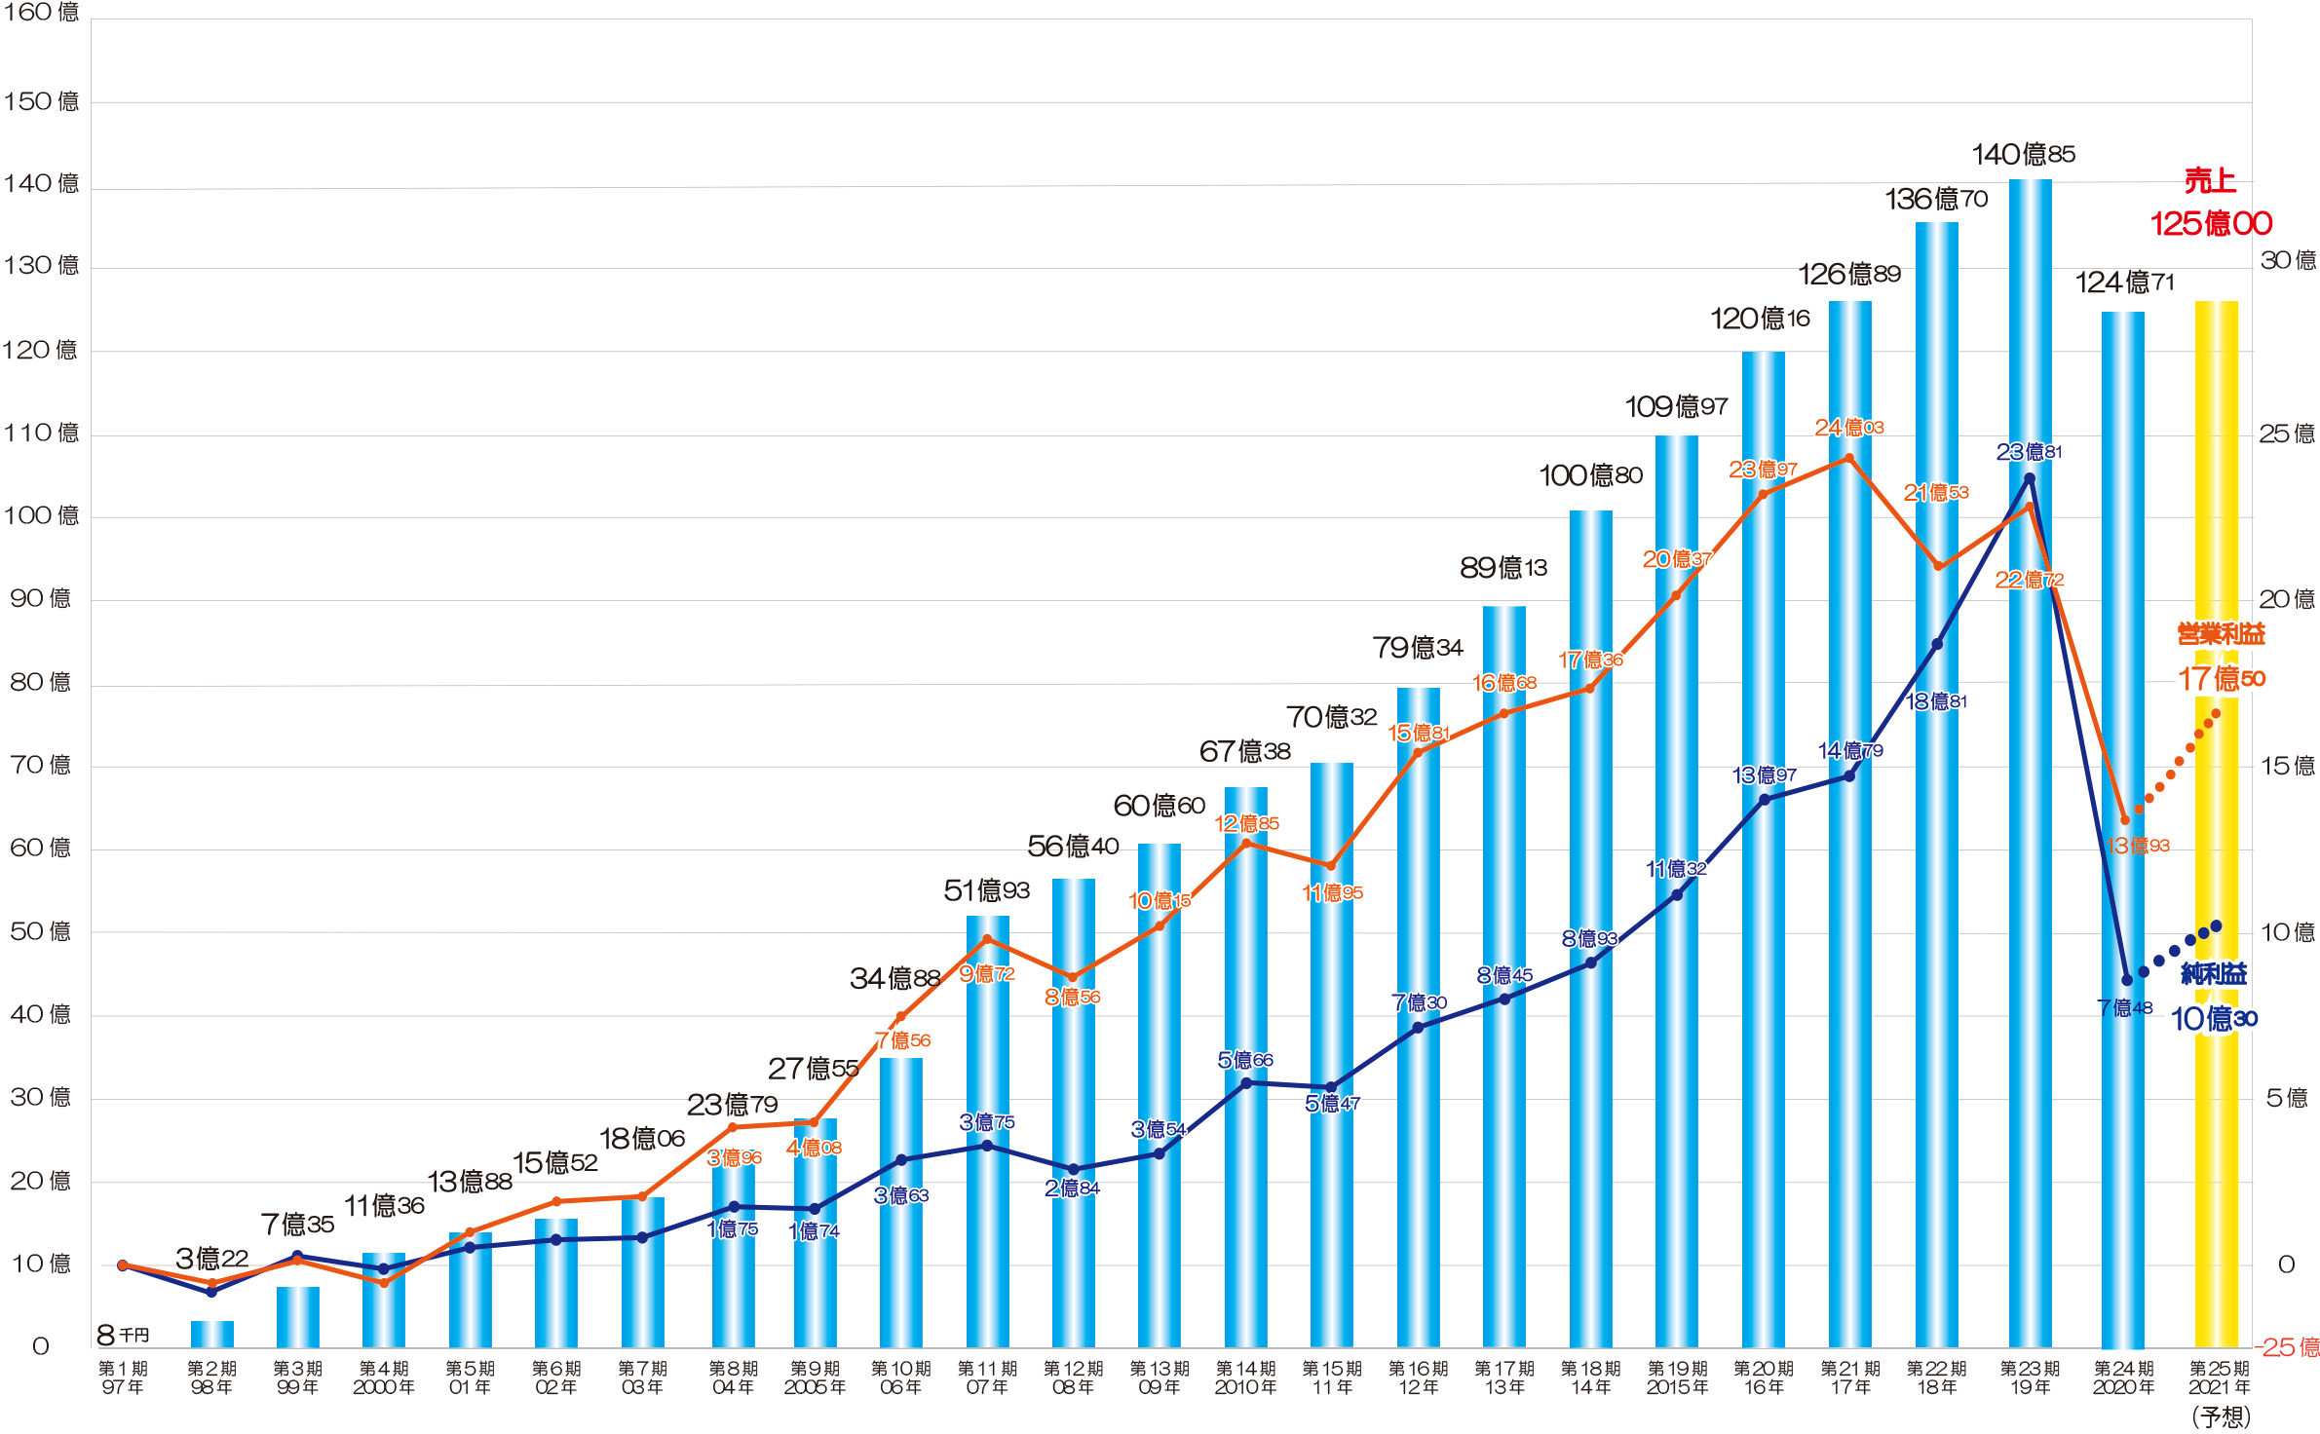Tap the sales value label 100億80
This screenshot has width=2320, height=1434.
click(x=1590, y=475)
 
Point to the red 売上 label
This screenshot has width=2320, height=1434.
click(x=2209, y=181)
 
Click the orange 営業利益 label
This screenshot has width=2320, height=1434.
click(x=2221, y=634)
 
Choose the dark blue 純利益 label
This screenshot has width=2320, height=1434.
click(x=2214, y=973)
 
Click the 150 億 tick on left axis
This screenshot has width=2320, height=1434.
click(x=41, y=101)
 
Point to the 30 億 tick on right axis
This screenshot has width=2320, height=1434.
click(x=2287, y=260)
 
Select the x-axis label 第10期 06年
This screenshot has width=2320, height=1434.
click(x=900, y=1377)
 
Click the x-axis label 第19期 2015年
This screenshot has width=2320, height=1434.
click(x=1676, y=1377)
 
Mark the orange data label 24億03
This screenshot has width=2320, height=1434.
click(x=1848, y=428)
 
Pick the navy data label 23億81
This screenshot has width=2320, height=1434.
click(x=2029, y=452)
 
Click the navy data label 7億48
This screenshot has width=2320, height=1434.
click(x=2124, y=1007)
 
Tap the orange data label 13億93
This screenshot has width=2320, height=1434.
click(x=2138, y=846)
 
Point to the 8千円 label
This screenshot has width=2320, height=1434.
click(x=123, y=1335)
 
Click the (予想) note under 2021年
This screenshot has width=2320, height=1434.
click(x=2221, y=1416)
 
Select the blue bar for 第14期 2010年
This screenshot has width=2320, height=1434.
click(x=1245, y=1072)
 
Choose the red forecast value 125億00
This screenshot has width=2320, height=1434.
click(x=2211, y=224)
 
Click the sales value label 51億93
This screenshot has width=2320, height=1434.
click(x=986, y=890)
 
